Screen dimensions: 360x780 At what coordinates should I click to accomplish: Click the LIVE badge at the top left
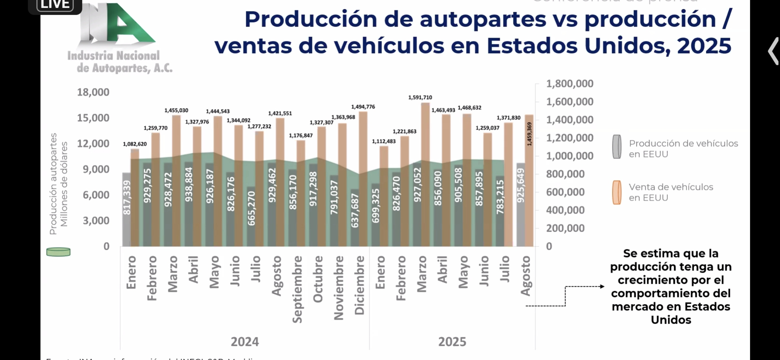pos(55,5)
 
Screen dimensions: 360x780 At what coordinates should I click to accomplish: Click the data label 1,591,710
pos(420,97)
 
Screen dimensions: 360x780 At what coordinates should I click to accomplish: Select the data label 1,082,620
pos(135,144)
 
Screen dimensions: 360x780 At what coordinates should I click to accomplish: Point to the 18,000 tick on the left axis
pos(93,92)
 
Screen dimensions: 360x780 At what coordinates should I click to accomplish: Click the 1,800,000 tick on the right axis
pos(570,84)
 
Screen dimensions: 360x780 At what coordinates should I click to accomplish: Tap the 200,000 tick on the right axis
pos(565,228)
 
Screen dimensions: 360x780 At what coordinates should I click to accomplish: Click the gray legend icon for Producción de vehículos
pos(617,147)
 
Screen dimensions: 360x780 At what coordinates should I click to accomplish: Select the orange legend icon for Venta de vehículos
pos(617,192)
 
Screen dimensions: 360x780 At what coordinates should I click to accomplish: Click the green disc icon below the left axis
pos(58,252)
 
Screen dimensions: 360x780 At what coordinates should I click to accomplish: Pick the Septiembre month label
pos(297,289)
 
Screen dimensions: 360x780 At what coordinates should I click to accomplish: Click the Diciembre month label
pos(359,285)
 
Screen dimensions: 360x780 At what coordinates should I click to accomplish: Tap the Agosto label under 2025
pos(526,276)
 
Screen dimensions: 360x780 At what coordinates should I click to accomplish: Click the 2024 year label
pos(245,342)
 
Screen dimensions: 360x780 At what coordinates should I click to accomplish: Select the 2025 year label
pos(452,342)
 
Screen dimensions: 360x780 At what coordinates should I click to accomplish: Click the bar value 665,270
pos(251,208)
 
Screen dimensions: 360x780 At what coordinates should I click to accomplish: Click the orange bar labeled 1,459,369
pos(529,180)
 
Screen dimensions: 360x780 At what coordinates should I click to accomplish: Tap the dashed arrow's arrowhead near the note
pos(602,286)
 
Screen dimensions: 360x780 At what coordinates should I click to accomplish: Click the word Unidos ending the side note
pos(671,320)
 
